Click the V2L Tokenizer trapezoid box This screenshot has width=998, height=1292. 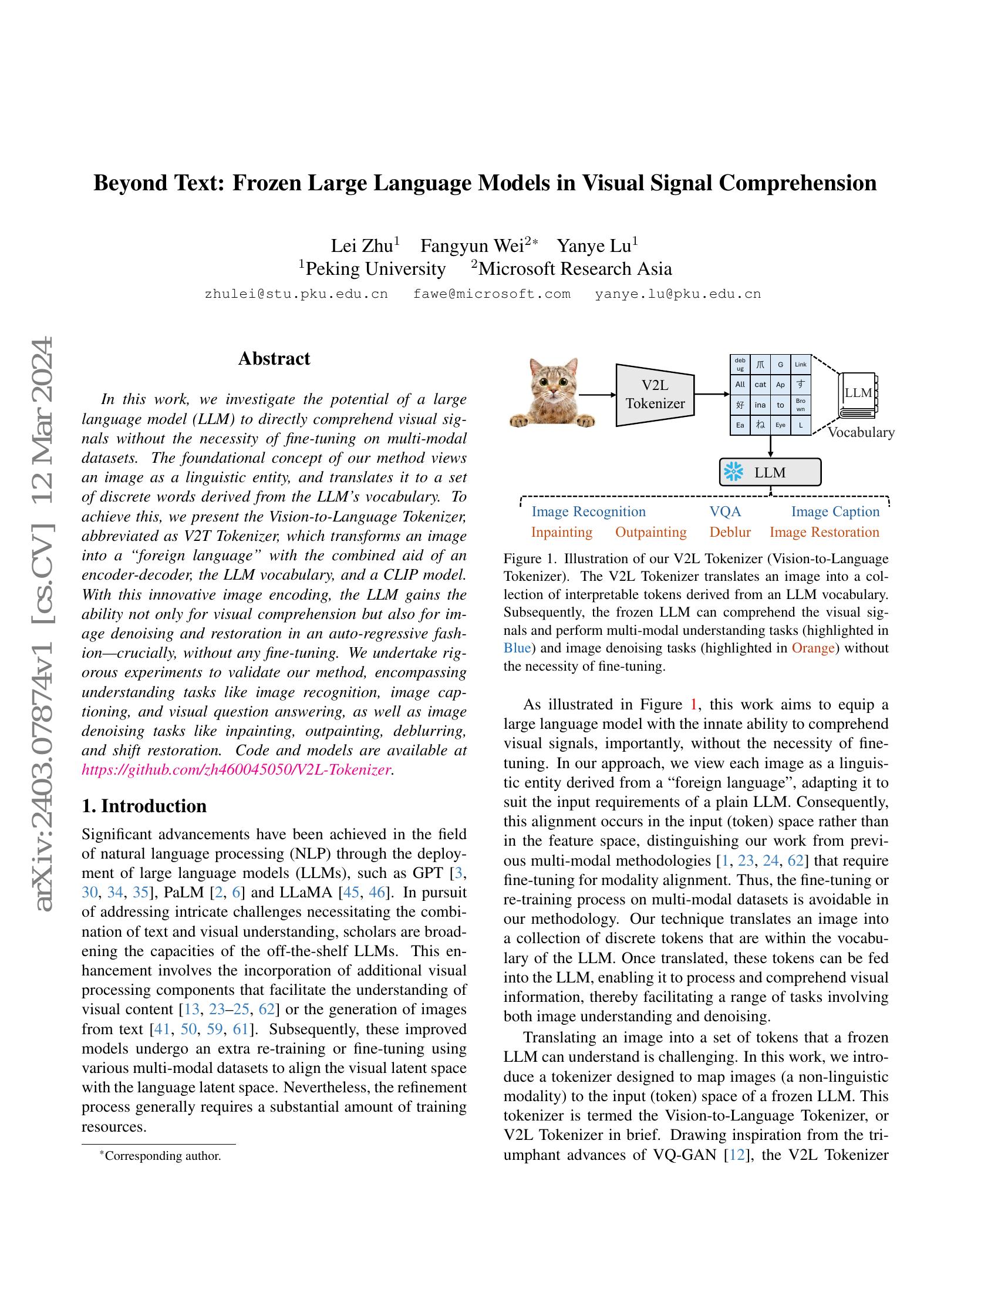tap(655, 395)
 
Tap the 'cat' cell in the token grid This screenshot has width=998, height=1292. tap(760, 385)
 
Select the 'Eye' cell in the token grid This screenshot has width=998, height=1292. tap(780, 425)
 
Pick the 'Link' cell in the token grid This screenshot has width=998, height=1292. tap(801, 365)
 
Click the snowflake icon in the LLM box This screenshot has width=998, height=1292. tap(734, 472)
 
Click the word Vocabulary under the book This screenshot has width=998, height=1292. tap(861, 432)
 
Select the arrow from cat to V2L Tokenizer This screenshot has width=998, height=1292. tap(597, 395)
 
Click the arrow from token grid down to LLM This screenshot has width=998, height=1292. tap(770, 446)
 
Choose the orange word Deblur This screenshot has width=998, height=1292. tap(730, 533)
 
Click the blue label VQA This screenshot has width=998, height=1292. tap(725, 512)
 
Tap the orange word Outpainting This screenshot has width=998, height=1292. tap(651, 533)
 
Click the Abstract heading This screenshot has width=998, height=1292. tap(274, 358)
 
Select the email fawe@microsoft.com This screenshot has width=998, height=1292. tap(492, 294)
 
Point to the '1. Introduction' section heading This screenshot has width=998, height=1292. tap(144, 806)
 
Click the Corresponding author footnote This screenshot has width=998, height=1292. tap(161, 1156)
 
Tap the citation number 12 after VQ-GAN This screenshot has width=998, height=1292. tap(737, 1155)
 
